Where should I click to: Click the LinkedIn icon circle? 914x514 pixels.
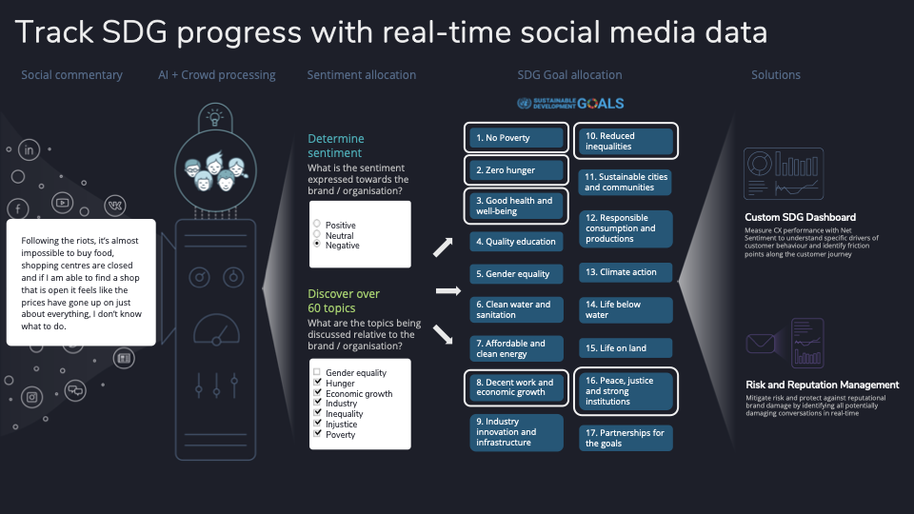30,149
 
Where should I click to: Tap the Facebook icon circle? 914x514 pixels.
18,208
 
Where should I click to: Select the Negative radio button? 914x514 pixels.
317,244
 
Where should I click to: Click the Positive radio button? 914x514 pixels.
317,223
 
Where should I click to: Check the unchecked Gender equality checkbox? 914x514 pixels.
317,371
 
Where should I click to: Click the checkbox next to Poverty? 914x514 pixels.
317,433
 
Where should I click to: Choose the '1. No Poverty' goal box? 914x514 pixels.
516,137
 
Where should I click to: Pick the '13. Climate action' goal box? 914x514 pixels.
626,272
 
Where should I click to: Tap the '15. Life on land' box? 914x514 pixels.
626,348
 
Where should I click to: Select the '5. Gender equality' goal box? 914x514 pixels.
516,274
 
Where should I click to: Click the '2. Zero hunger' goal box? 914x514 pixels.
516,170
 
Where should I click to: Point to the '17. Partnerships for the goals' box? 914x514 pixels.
626,438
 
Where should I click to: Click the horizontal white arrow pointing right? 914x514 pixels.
448,291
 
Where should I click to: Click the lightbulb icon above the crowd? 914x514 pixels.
215,116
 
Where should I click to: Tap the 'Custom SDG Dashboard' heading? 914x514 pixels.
801,217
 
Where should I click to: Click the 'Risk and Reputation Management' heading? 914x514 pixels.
823,385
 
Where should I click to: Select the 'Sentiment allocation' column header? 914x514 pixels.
362,74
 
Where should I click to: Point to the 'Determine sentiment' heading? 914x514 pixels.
336,146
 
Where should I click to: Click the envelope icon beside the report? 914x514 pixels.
761,344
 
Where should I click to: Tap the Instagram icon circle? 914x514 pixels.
32,398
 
